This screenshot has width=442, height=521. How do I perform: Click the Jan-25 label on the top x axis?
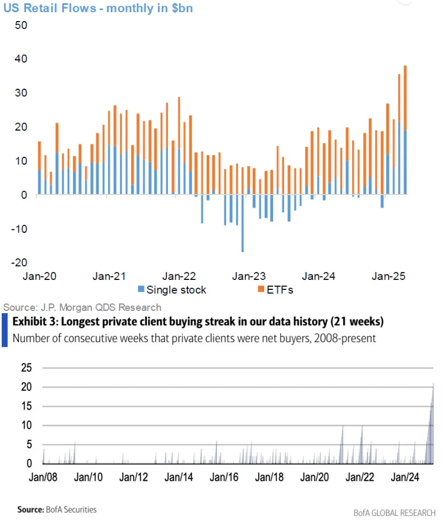(x=388, y=275)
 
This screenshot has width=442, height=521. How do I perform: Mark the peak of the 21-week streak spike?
(x=434, y=384)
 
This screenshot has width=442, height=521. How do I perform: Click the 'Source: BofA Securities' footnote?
(x=49, y=509)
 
